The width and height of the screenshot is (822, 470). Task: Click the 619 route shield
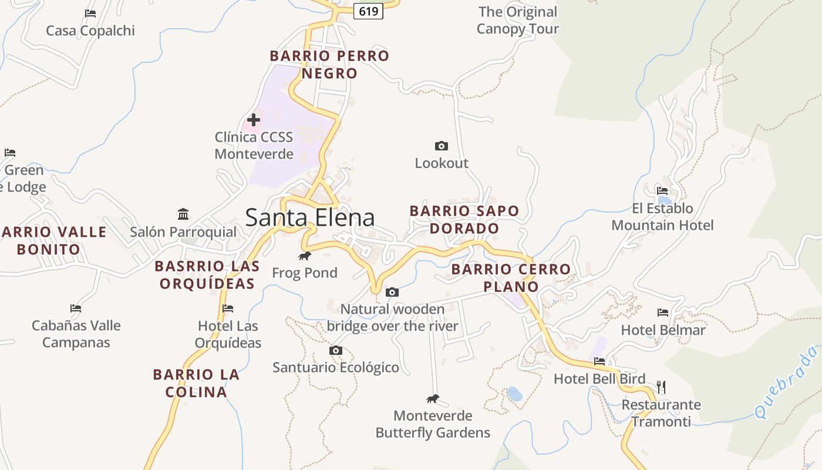(x=368, y=11)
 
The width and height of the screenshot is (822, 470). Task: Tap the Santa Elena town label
(x=309, y=217)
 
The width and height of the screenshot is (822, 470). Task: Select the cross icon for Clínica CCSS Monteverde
(x=254, y=120)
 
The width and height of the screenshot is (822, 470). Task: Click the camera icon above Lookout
(x=442, y=146)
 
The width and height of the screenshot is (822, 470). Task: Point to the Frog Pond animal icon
(x=305, y=256)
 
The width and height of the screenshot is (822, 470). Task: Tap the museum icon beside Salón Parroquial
(x=183, y=214)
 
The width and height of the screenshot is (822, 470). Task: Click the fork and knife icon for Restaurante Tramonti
(x=661, y=387)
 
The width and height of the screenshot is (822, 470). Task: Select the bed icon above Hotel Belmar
(x=663, y=313)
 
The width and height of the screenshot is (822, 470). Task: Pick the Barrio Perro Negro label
(x=329, y=65)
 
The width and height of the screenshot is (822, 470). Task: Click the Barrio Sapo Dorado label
(x=464, y=219)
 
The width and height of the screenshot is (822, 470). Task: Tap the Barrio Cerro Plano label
(x=511, y=278)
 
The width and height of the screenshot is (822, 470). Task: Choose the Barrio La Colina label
(x=196, y=383)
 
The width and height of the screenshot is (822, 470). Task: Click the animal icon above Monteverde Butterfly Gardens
(x=433, y=399)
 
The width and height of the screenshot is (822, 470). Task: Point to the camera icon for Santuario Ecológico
(x=336, y=351)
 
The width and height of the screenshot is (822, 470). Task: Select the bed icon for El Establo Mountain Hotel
(x=662, y=191)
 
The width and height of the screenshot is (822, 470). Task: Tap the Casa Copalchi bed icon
(x=90, y=13)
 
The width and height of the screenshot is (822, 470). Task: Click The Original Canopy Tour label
(x=517, y=20)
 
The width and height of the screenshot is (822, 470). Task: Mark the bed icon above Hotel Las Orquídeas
(x=228, y=308)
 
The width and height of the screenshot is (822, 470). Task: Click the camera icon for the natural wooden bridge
(x=392, y=292)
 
